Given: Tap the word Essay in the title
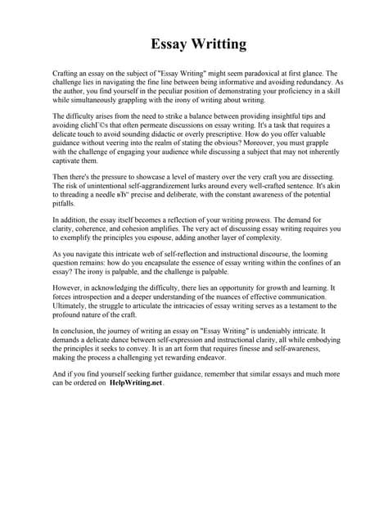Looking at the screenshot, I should point(169,43).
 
